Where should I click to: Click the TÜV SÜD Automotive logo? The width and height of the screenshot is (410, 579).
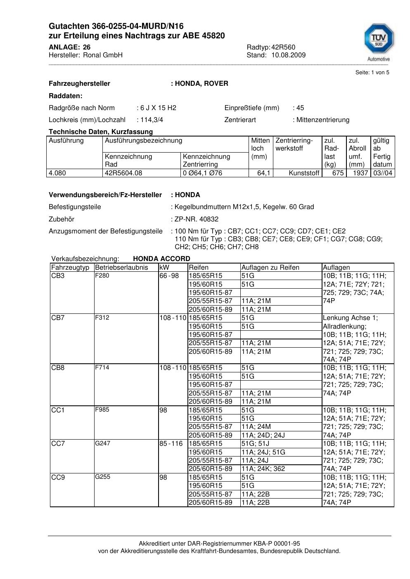(x=379, y=41)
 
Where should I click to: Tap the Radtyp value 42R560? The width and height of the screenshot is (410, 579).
(x=283, y=47)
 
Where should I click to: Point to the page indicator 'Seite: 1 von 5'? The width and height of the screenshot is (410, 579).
(x=372, y=73)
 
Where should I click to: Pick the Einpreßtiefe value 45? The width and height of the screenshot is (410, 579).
(x=300, y=108)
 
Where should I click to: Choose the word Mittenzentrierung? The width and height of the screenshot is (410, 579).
(x=322, y=120)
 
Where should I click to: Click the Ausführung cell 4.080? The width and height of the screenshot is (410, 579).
(x=57, y=173)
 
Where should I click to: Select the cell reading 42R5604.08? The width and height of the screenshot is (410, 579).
(x=123, y=173)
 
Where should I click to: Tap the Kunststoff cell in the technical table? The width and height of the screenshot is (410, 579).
(x=304, y=173)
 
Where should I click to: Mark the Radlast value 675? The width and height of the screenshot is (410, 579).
(x=338, y=173)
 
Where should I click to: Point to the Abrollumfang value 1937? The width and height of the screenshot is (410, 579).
(x=360, y=173)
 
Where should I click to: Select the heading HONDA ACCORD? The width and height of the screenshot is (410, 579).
(x=161, y=259)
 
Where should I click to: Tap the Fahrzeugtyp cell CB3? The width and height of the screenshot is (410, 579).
(x=58, y=276)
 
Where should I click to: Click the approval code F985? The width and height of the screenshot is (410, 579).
(x=102, y=410)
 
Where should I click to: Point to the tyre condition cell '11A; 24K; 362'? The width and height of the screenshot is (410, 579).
(x=263, y=469)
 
